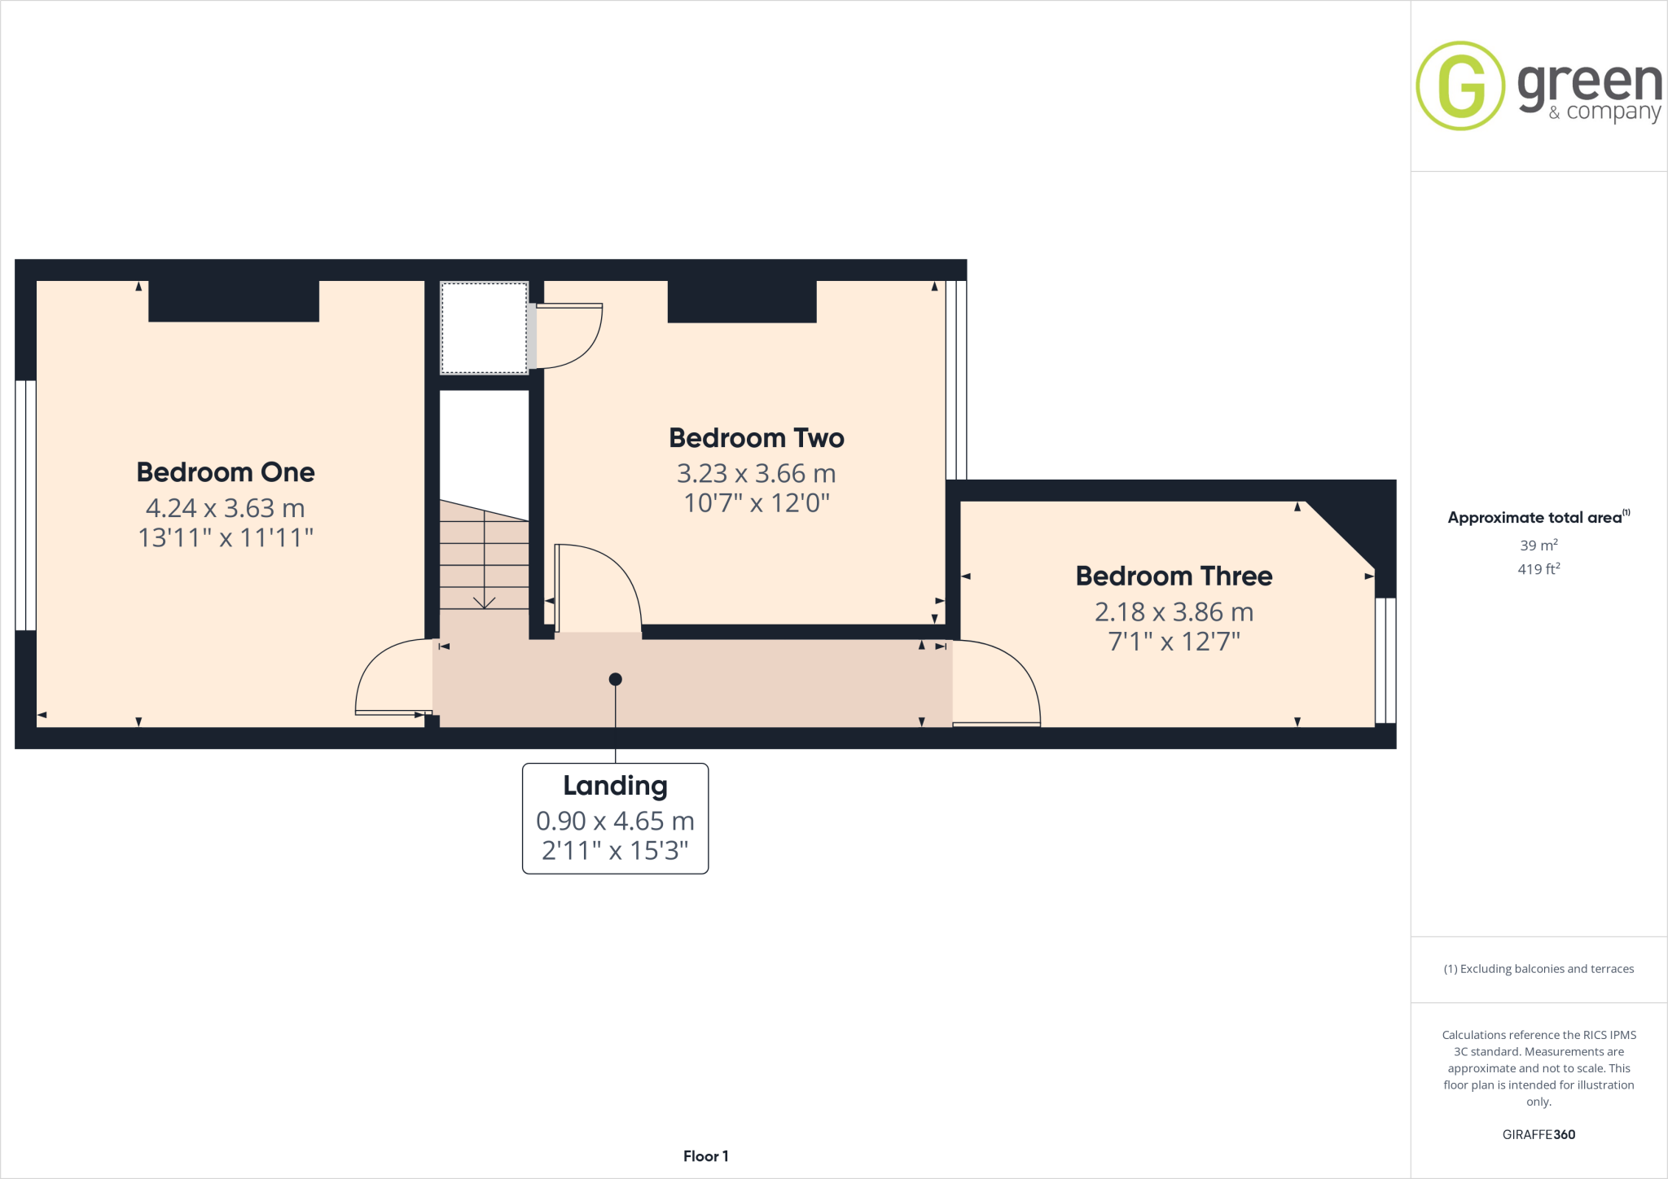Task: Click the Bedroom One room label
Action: click(x=226, y=472)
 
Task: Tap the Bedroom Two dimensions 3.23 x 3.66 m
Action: click(x=756, y=474)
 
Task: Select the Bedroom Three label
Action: click(x=1174, y=576)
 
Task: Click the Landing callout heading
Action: click(x=615, y=786)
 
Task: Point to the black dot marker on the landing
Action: click(x=616, y=679)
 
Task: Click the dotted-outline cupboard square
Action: click(x=484, y=328)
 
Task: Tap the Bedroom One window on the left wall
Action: click(x=26, y=505)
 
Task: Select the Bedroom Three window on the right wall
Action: click(x=1385, y=660)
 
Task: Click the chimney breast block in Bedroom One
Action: click(x=234, y=301)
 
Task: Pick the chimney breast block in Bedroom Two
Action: click(x=742, y=301)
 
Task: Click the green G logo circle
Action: click(x=1460, y=86)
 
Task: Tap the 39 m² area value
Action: click(x=1538, y=546)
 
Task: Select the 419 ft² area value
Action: click(x=1538, y=569)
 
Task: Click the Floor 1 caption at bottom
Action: click(x=705, y=1156)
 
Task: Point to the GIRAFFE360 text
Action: click(x=1539, y=1134)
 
